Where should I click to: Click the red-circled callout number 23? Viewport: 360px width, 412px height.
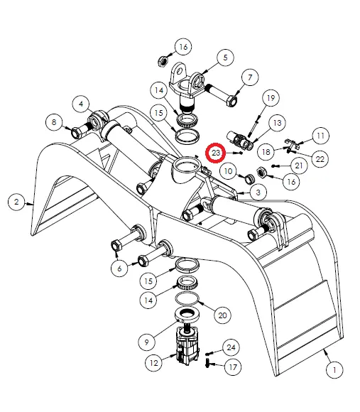(215, 153)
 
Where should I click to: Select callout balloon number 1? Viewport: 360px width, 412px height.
(334, 370)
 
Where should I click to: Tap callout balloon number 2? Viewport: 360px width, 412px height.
(16, 202)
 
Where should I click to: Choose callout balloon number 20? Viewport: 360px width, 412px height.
(223, 315)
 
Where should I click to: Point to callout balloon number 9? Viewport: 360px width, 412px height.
(147, 342)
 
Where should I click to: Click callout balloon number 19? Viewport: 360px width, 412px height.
(271, 98)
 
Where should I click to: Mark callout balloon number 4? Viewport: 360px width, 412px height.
(81, 104)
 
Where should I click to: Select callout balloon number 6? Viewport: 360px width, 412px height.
(119, 269)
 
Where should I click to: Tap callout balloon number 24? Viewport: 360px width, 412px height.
(231, 347)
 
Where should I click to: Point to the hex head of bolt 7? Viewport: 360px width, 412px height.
(232, 101)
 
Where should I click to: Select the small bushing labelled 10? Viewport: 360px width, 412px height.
(250, 179)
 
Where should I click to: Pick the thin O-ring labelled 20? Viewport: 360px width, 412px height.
(187, 298)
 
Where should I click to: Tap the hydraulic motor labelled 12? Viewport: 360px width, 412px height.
(187, 345)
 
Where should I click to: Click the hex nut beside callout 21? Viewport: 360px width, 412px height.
(262, 173)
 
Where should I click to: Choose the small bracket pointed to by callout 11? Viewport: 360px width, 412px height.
(292, 143)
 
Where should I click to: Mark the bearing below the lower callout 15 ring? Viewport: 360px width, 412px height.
(187, 283)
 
